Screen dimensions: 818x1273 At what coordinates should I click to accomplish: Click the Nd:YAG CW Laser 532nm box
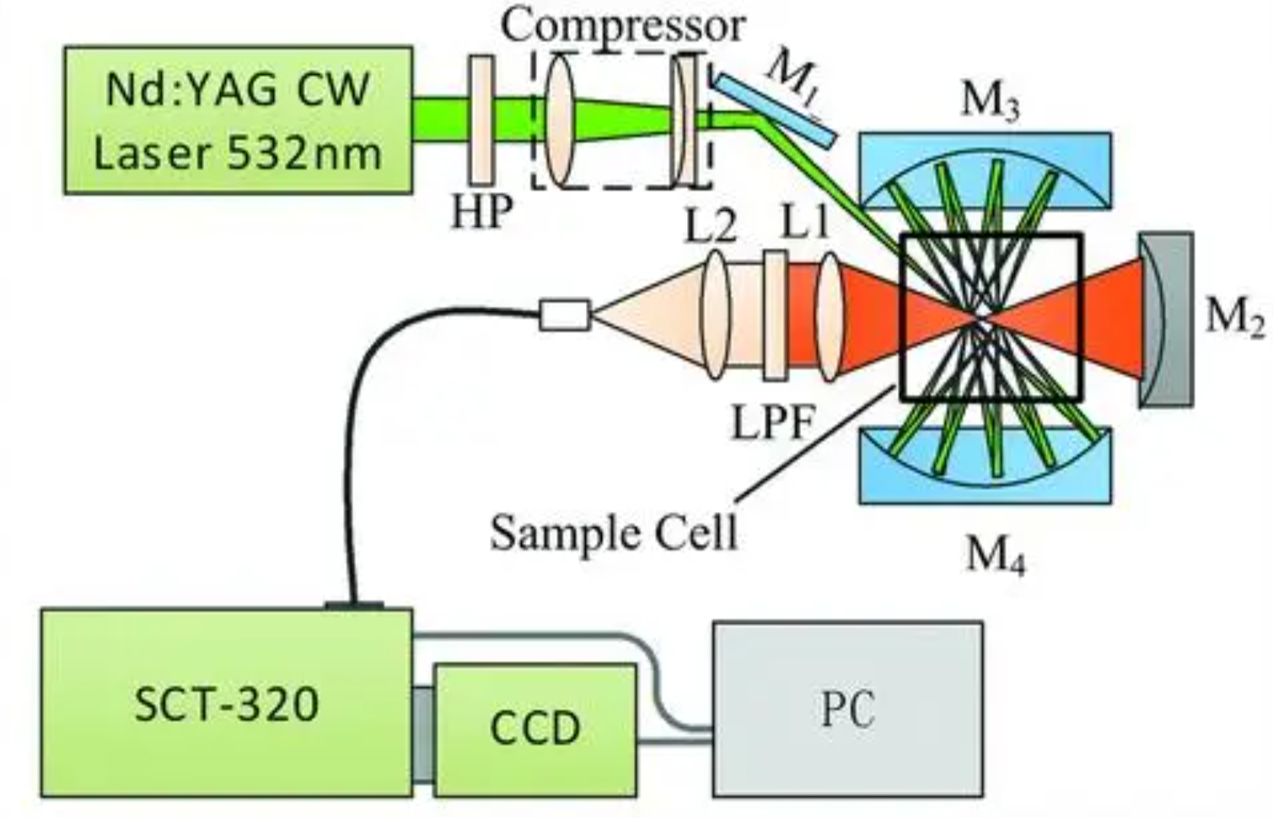coord(238,121)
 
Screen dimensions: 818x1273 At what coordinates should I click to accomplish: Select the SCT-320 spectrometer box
coord(226,702)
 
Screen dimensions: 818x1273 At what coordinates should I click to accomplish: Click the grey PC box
coord(847,709)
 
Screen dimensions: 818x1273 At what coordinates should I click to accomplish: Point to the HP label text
coord(481,212)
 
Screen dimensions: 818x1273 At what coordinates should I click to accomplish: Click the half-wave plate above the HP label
coord(481,120)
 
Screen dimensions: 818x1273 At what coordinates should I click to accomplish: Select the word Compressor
coord(623,25)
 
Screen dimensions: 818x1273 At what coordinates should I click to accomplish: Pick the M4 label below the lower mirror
coord(995,555)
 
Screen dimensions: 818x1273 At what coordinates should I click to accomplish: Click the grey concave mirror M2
coord(1168,320)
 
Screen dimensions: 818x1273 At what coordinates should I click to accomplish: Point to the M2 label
coord(1234,318)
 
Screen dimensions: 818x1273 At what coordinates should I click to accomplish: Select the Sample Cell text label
coord(613,532)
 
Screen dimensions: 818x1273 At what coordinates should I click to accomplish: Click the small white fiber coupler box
coord(564,315)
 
